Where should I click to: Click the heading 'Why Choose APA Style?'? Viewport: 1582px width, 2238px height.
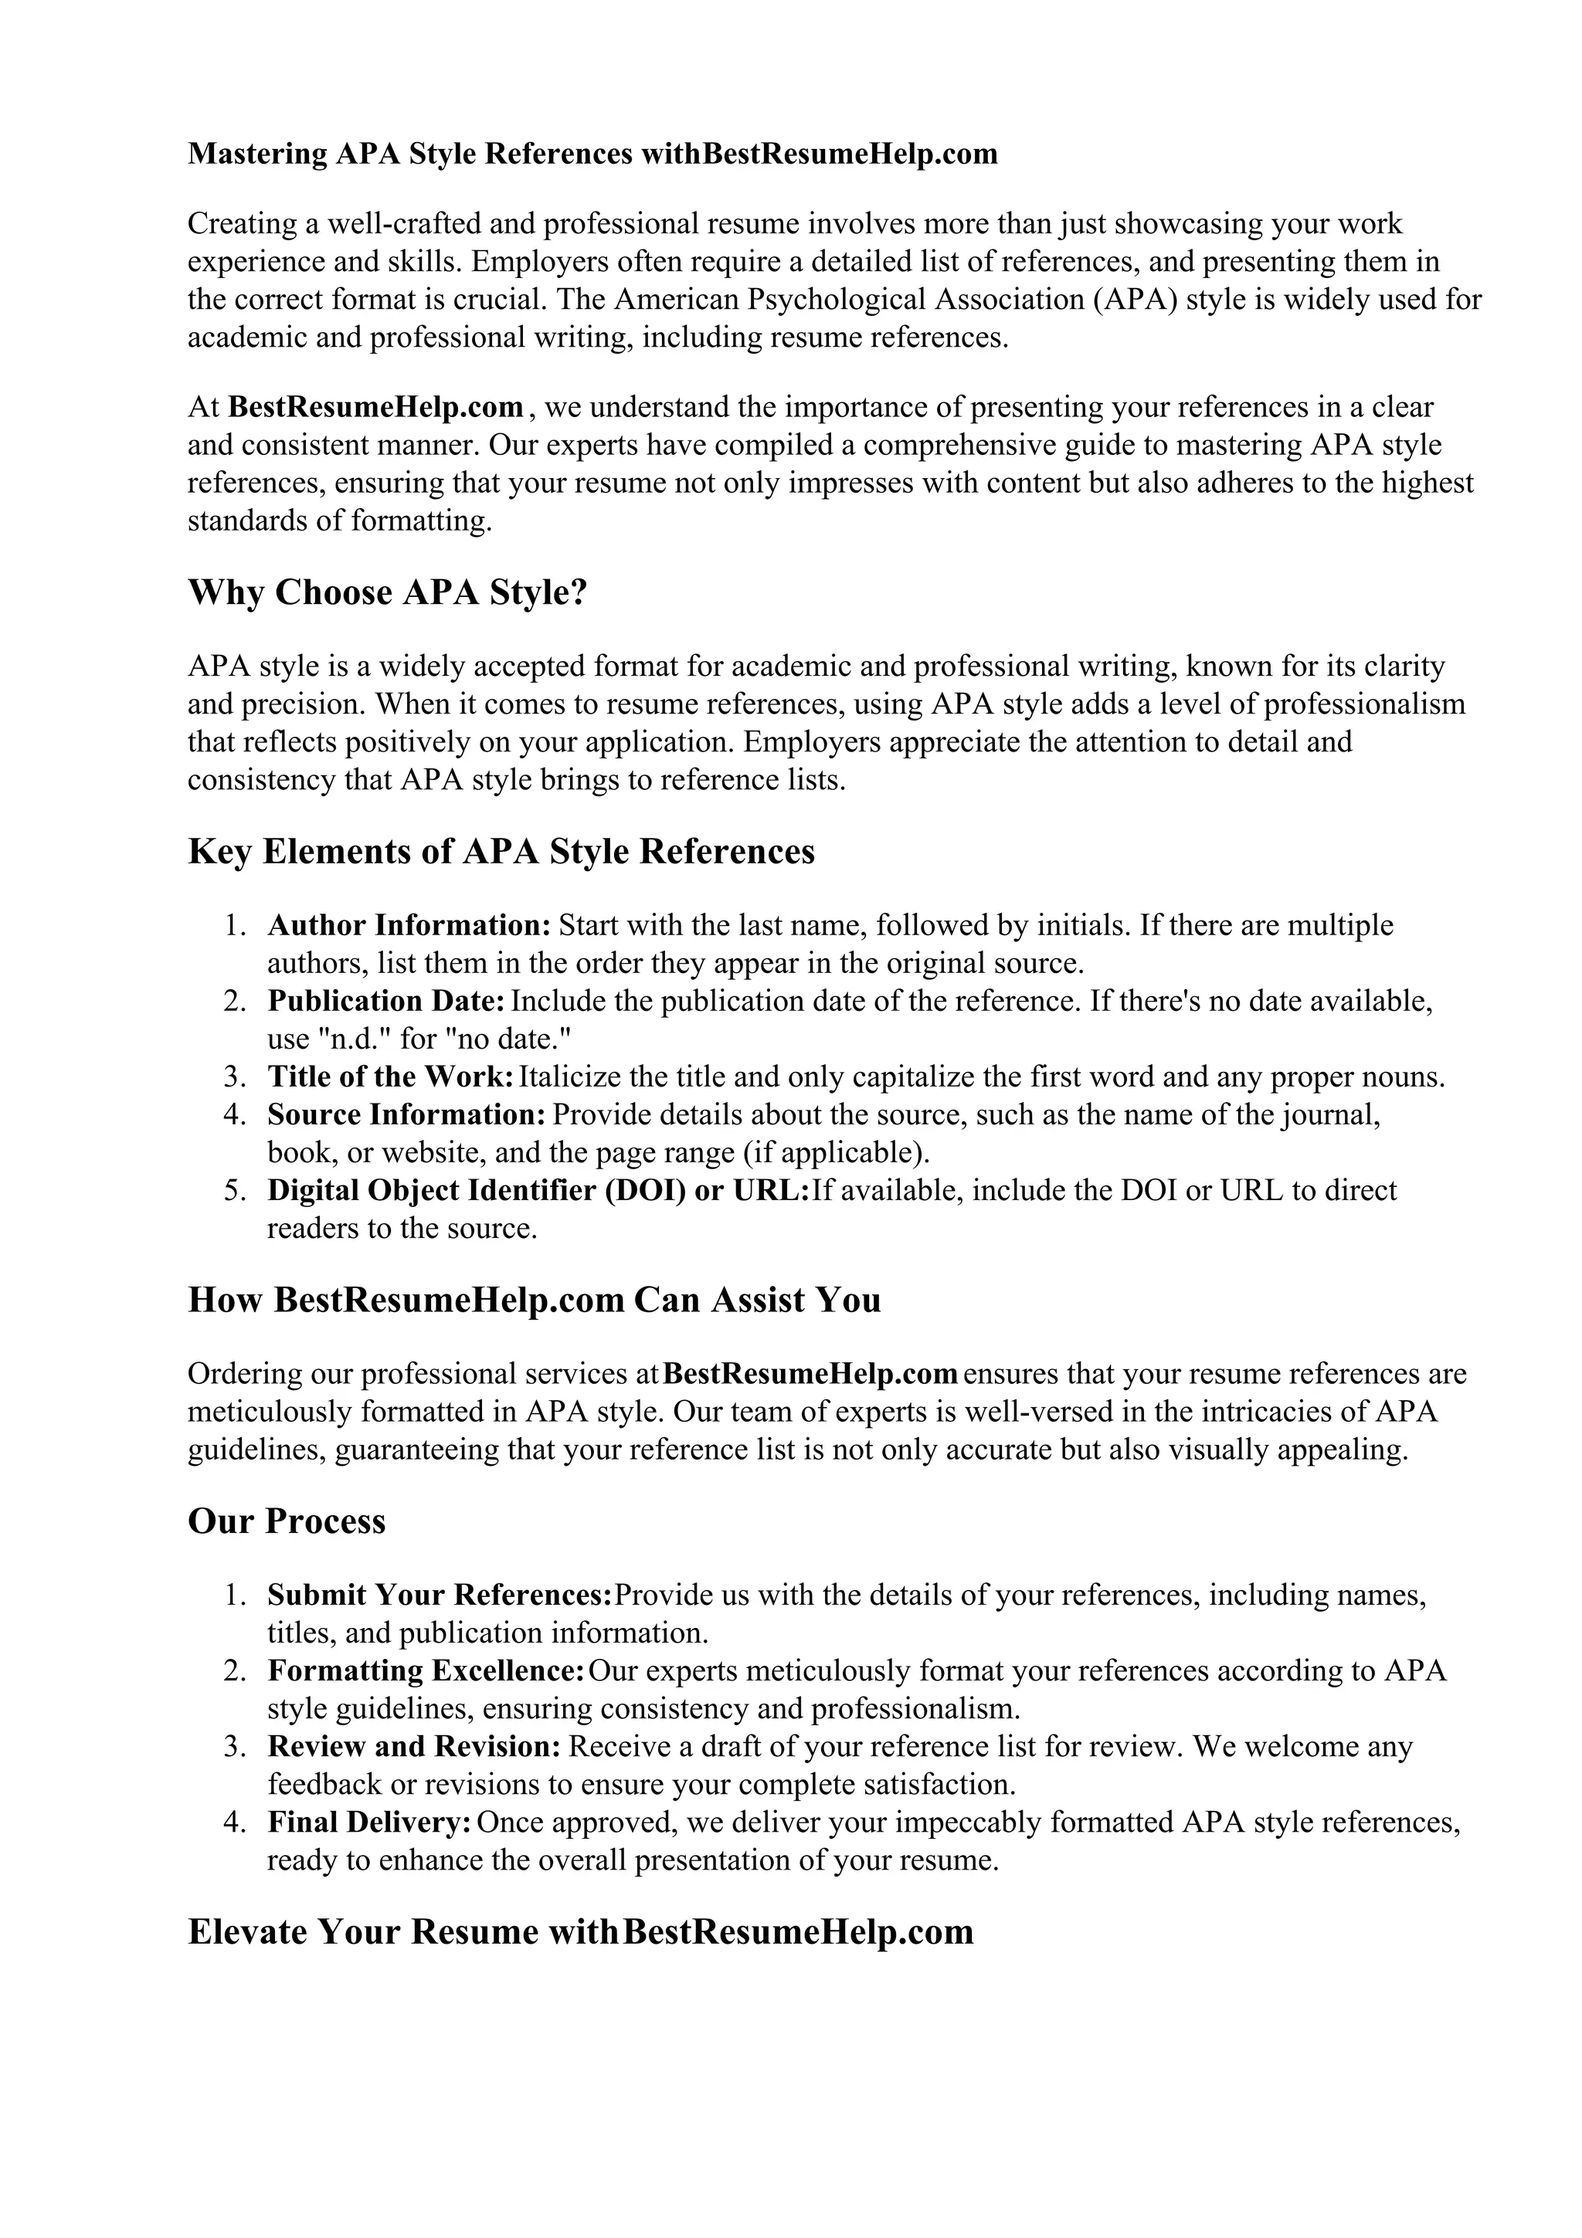coord(387,592)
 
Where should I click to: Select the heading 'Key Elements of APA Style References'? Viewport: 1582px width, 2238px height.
coord(501,852)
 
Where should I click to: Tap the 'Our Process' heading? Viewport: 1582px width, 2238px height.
coord(287,1521)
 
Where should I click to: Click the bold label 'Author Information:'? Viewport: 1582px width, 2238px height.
coord(409,925)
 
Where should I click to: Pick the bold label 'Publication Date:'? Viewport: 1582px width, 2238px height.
coord(386,1001)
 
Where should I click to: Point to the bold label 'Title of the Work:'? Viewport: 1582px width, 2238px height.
coord(390,1077)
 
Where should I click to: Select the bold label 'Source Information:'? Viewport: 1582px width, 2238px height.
coord(406,1114)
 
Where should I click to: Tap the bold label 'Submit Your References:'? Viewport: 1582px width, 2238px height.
coord(440,1595)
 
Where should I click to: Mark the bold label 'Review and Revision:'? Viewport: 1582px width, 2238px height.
coord(414,1747)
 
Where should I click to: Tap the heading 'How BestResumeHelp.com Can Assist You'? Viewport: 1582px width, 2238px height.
coord(534,1300)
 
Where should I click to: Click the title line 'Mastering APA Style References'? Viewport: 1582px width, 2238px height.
coord(409,154)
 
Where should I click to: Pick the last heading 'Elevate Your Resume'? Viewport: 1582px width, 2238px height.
coord(580,1932)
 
